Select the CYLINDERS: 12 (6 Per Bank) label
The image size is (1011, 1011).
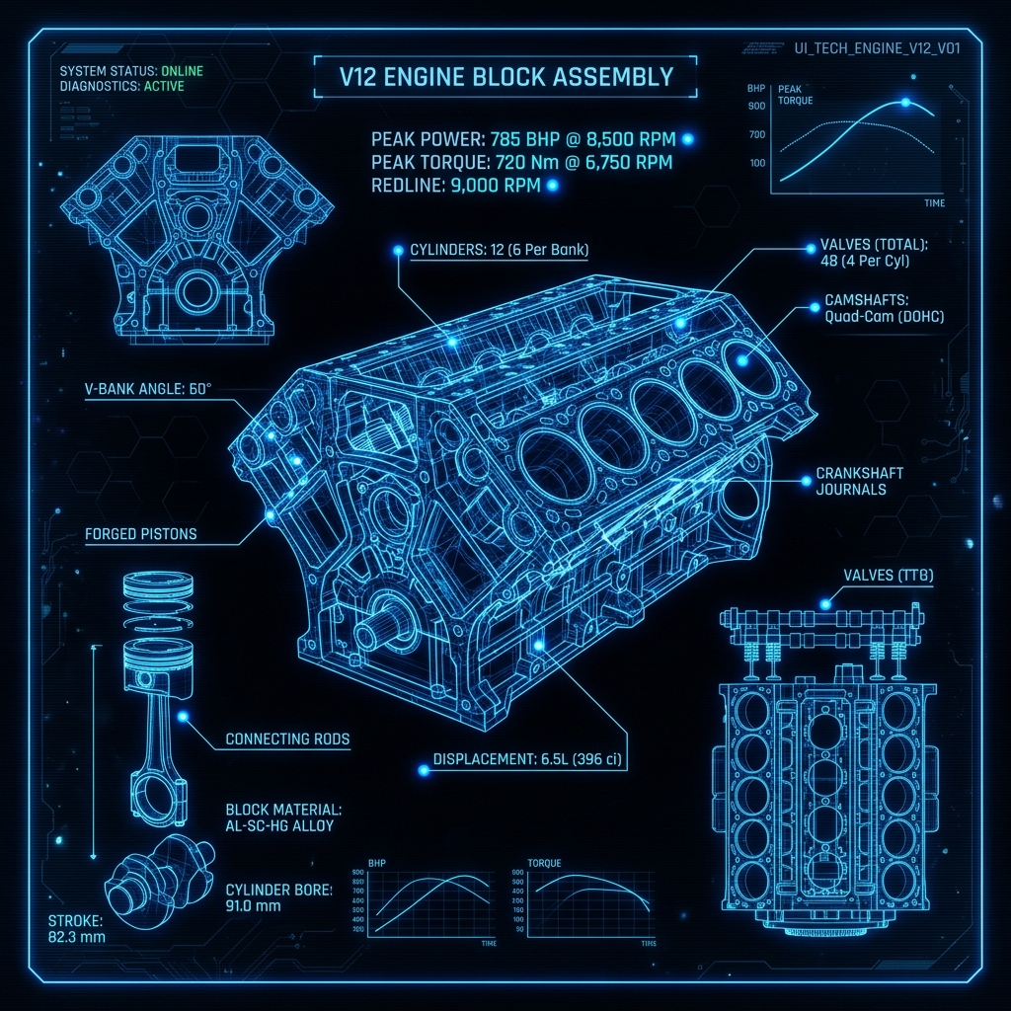pyautogui.click(x=499, y=251)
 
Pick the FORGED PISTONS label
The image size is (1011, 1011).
pyautogui.click(x=141, y=534)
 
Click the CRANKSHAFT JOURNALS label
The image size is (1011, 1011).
pyautogui.click(x=859, y=481)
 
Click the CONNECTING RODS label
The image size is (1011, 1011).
pyautogui.click(x=287, y=739)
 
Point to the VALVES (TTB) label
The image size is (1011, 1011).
pyautogui.click(x=889, y=576)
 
